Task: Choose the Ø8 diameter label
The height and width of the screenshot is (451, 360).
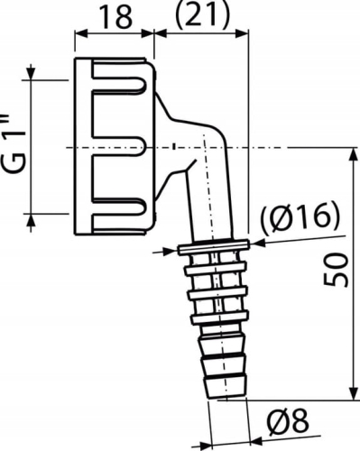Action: [291, 420]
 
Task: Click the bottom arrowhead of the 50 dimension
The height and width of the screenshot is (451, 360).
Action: [350, 396]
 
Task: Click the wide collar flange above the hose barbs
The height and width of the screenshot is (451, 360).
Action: [215, 244]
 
